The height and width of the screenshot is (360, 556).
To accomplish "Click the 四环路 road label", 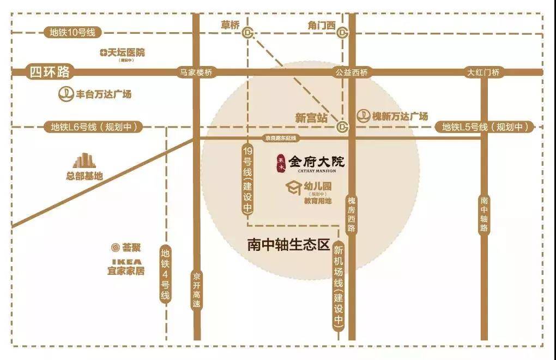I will [x=50, y=72].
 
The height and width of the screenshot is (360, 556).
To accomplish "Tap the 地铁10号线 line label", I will [x=72, y=33].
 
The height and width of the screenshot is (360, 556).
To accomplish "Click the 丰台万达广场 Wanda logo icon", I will [x=66, y=94].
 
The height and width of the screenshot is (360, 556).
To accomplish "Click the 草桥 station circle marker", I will [x=249, y=33].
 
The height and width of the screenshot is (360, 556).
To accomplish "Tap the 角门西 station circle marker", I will [x=342, y=33].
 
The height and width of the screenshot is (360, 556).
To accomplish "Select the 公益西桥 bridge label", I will [x=352, y=72].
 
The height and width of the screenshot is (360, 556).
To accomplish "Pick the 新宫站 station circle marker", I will [x=342, y=127].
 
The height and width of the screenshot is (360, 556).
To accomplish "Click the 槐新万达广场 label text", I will [x=400, y=116].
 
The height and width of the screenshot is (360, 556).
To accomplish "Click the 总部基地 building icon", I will [x=84, y=160].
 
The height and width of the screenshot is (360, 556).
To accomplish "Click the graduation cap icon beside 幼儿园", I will [x=294, y=188].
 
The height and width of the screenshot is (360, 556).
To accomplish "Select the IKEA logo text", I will [x=126, y=261].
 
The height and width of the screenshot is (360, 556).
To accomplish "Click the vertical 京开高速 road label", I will [x=197, y=290].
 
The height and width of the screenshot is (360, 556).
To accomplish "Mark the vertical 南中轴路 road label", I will [x=484, y=215].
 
